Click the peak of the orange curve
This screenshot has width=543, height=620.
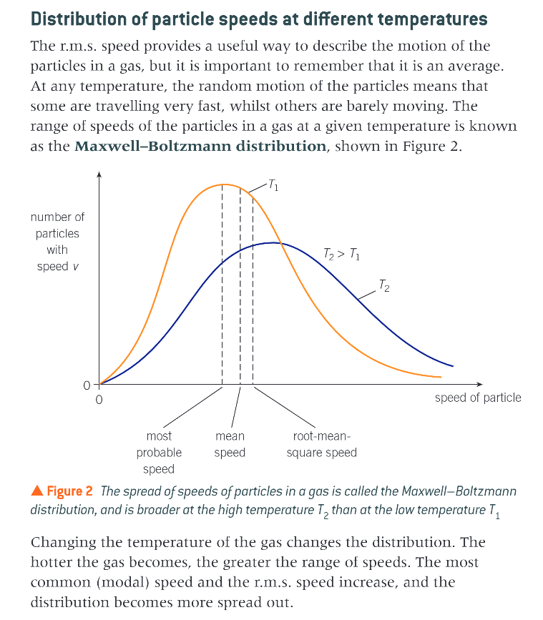tap(223, 184)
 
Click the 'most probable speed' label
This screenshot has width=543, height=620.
tap(159, 453)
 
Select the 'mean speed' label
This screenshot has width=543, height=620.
tap(230, 444)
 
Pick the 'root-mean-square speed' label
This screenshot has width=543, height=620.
tap(321, 444)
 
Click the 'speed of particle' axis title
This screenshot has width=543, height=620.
tap(478, 398)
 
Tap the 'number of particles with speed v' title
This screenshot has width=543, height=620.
tap(57, 242)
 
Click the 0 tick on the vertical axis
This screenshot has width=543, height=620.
tap(87, 385)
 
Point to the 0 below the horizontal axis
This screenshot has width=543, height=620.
tap(99, 399)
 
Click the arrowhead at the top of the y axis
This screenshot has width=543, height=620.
tap(99, 174)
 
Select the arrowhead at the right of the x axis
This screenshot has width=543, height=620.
tap(480, 385)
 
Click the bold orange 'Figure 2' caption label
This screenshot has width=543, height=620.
tap(69, 491)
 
